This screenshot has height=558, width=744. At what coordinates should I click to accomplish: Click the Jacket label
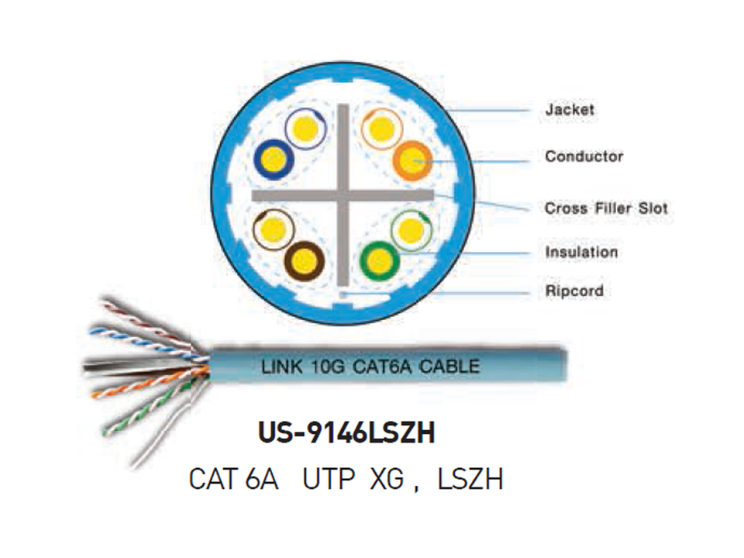coord(570,109)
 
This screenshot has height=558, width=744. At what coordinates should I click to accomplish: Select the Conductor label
coord(584,156)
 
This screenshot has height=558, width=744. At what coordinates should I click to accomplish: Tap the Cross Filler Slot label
coord(606,208)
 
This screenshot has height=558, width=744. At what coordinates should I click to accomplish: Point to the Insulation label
coord(581,252)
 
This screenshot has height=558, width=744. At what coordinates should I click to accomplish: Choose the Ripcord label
coord(574,291)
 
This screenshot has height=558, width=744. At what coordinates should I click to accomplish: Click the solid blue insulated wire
coord(274,160)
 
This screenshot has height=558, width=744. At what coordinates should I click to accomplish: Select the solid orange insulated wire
coord(412,160)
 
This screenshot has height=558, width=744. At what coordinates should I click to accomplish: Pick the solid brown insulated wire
coord(304,261)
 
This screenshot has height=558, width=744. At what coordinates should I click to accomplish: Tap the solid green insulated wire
coord(379,260)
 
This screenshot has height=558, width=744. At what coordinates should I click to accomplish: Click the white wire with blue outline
coord(305,129)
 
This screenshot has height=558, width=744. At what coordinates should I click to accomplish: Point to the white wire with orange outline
coord(381,129)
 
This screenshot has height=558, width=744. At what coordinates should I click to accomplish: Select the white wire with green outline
coord(412,231)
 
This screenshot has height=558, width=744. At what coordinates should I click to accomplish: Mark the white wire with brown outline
coord(274,229)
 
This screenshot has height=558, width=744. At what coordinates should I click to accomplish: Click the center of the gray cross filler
coord(343,195)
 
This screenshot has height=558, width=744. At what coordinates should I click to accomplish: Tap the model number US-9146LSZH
coord(346,432)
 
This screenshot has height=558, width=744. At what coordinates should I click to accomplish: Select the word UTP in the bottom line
coord(329,479)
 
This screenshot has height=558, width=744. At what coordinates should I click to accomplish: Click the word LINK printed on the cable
coord(282,367)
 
